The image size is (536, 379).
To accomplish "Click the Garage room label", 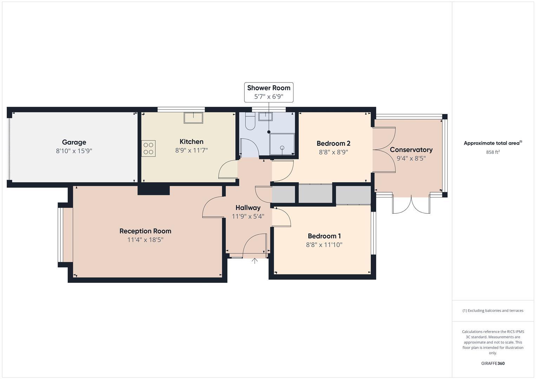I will click(x=74, y=142).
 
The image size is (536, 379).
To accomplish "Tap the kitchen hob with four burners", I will click(x=148, y=148).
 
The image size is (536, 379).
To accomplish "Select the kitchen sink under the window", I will click(x=193, y=118).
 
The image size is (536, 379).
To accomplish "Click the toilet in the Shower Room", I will click(x=250, y=121).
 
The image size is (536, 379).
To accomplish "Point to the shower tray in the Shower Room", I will click(x=282, y=144).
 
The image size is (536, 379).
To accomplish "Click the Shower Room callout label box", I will click(x=269, y=92).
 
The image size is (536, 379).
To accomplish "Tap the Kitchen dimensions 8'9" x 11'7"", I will click(x=191, y=151).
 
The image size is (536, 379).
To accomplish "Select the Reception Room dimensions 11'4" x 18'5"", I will click(x=145, y=240).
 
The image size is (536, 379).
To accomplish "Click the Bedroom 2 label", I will click(x=333, y=143).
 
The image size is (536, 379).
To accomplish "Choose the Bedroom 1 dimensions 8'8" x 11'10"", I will click(x=324, y=245).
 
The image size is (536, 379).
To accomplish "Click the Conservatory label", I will click(x=411, y=149).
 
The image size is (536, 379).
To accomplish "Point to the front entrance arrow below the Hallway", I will click(x=255, y=261).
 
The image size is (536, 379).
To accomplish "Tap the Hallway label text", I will click(x=248, y=207).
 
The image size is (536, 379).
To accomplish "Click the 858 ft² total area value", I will click(x=492, y=152).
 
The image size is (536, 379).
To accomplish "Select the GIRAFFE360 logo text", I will click(x=492, y=363).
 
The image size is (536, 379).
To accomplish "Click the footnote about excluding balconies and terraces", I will click(x=492, y=311).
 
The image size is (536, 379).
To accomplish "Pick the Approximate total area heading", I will click(x=492, y=143).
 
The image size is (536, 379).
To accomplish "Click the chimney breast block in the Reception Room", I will click(x=153, y=190).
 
